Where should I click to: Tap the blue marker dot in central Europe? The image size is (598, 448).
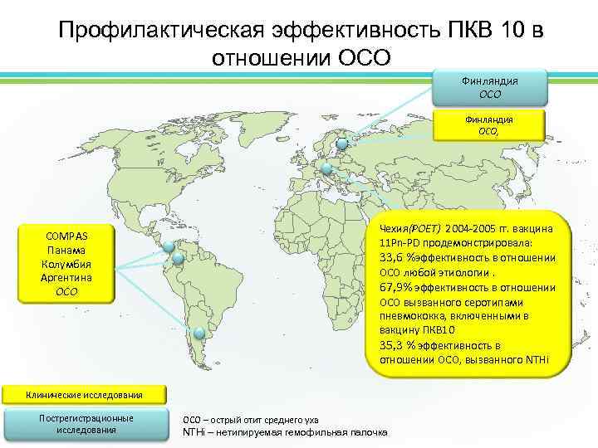(x=326, y=170)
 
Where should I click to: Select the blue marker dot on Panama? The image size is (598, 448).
(x=169, y=246)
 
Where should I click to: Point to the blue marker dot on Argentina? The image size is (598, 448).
(x=199, y=334)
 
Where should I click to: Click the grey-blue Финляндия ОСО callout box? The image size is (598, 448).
(x=490, y=87)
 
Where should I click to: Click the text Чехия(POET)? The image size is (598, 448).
(x=409, y=227)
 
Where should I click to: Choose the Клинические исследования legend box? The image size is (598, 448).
(x=83, y=394)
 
